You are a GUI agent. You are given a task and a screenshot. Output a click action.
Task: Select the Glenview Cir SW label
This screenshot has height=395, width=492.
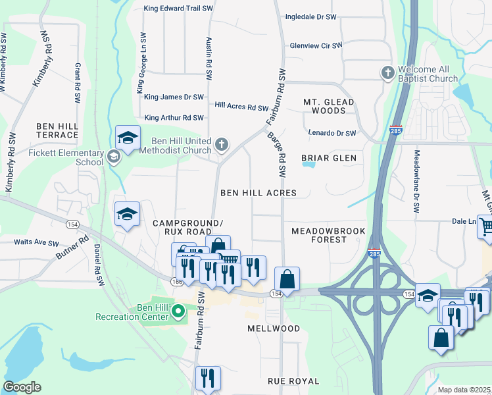pyautogui.click(x=316, y=46)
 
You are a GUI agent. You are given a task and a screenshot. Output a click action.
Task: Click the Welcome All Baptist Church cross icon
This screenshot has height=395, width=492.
pyautogui.click(x=388, y=72)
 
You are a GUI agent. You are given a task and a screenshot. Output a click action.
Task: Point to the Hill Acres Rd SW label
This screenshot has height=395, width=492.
pyautogui.click(x=241, y=106)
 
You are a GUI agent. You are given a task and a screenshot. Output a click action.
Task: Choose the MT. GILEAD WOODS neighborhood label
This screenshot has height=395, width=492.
pyautogui.click(x=328, y=107)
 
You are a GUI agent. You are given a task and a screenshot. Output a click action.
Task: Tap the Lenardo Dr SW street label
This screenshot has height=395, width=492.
pyautogui.click(x=332, y=134)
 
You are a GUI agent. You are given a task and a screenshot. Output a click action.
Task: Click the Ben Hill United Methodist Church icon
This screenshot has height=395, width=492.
pyautogui.click(x=222, y=144)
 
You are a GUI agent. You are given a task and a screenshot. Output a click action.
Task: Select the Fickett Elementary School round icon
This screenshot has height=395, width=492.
pyautogui.click(x=114, y=157)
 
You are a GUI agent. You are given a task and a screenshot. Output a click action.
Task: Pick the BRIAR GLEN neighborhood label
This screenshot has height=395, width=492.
pyautogui.click(x=328, y=158)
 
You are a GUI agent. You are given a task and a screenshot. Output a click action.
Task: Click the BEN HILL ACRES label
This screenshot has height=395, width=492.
pyautogui.click(x=258, y=193)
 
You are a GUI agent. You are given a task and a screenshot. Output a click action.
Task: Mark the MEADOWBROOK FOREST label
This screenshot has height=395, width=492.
pyautogui.click(x=318, y=235)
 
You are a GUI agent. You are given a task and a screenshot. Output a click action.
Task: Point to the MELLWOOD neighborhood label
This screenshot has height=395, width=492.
pyautogui.click(x=274, y=328)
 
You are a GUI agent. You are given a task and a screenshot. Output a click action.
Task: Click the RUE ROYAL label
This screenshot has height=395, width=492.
pyautogui.click(x=293, y=381)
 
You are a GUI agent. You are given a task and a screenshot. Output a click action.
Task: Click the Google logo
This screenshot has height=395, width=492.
pyautogui.click(x=22, y=387)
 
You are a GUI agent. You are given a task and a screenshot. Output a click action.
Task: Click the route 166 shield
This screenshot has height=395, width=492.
pyautogui.click(x=176, y=282)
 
